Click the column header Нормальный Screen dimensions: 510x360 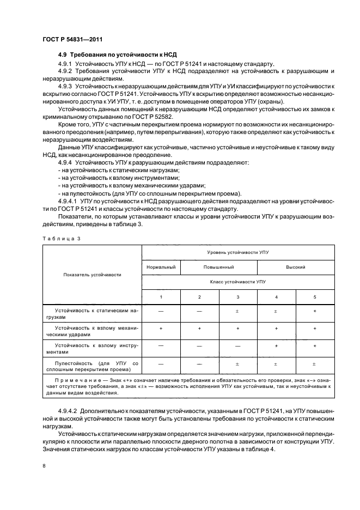161,268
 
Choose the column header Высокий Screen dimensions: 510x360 295,268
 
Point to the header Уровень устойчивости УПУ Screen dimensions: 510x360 237,253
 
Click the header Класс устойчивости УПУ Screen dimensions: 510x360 237,282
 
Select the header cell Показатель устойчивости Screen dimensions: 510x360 92,275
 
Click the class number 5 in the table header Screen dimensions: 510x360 315,296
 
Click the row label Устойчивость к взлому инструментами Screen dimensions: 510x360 91,348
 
